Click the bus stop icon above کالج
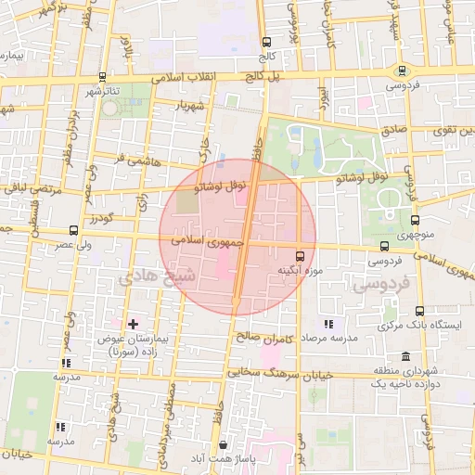[267, 42]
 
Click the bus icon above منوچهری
[414, 221]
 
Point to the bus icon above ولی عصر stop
[73, 230]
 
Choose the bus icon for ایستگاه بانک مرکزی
[419, 311]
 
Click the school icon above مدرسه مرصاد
[327, 324]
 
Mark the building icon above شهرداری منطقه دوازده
[406, 357]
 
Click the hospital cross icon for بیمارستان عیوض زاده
[134, 324]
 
